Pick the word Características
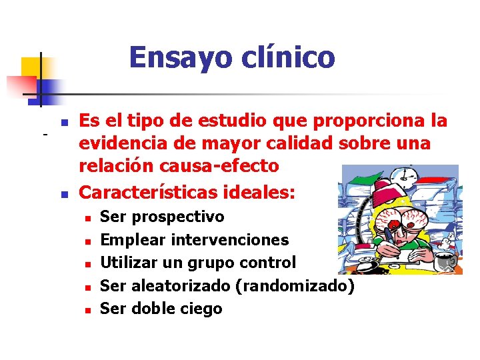click(145, 193)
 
